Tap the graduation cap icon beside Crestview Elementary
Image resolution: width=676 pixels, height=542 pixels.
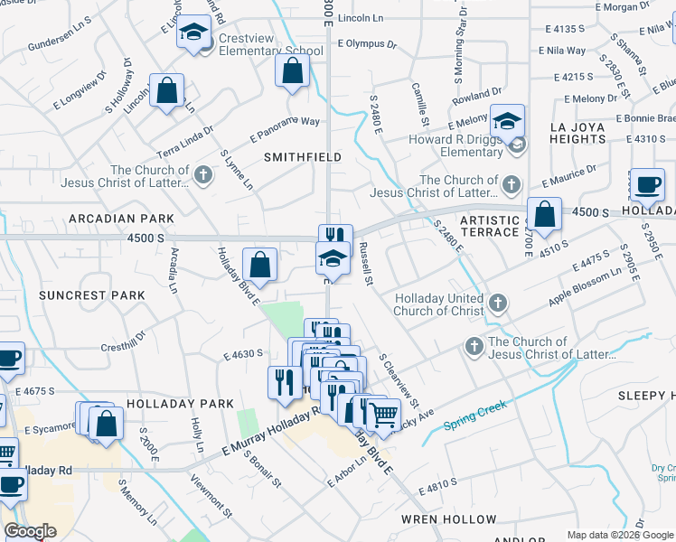coord(192,33)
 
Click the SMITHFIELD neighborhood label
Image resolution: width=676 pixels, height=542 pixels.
coord(303,157)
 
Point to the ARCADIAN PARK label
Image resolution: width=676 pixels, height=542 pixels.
coord(120,219)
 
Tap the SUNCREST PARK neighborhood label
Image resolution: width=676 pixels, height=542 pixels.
coord(92,295)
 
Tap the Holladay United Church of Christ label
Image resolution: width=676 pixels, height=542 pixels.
coord(439,304)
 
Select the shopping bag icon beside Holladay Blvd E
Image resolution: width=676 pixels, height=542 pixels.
coord(259,266)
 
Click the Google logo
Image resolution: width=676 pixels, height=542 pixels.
coord(31,532)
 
